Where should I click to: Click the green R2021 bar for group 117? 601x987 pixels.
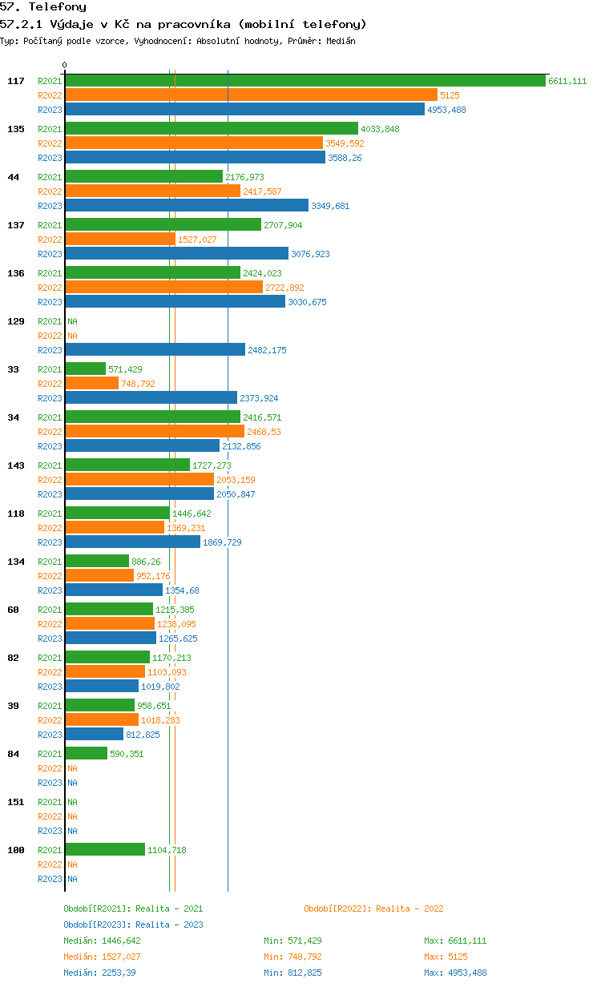305,81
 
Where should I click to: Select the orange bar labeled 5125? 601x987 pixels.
251,95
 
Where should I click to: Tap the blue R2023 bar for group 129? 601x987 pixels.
155,350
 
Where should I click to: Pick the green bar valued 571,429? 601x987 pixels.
86,369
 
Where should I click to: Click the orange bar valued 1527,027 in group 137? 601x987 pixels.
120,240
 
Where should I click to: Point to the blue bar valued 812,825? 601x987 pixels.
95,734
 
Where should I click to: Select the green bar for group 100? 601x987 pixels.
105,849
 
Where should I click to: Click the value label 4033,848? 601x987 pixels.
381,129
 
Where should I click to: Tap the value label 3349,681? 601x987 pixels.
330,206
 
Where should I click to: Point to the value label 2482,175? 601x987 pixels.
267,350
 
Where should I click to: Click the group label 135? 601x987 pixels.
16,129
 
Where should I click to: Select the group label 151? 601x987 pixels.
16,802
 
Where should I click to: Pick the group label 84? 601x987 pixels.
13,754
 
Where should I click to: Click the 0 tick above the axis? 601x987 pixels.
65,65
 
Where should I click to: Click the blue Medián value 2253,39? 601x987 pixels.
119,973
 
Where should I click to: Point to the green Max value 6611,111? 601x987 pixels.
467,941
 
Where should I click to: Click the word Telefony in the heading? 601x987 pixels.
57,7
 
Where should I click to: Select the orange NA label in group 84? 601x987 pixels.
72,768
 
